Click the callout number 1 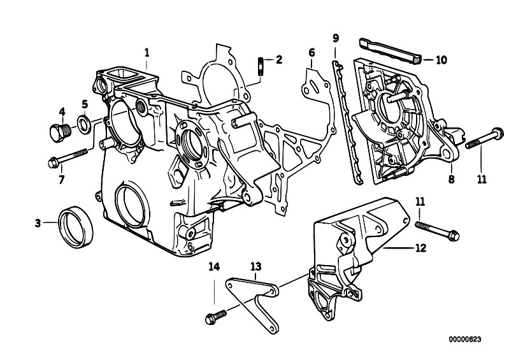point(147,53)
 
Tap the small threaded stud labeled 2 point(261,66)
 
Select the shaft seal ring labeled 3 point(76,227)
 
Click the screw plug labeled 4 point(61,133)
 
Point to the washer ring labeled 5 point(84,124)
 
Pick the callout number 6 point(312,53)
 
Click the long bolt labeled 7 point(68,158)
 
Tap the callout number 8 point(451,179)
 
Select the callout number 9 point(336,38)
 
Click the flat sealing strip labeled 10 point(390,51)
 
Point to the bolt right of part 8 point(484,138)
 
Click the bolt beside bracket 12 point(437,230)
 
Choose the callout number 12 point(420,248)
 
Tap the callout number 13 point(256,266)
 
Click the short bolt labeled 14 point(216,317)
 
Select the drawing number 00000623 point(465,340)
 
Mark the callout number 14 point(214,266)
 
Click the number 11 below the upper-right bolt point(482,179)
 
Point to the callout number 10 point(441,60)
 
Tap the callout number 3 point(38,223)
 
